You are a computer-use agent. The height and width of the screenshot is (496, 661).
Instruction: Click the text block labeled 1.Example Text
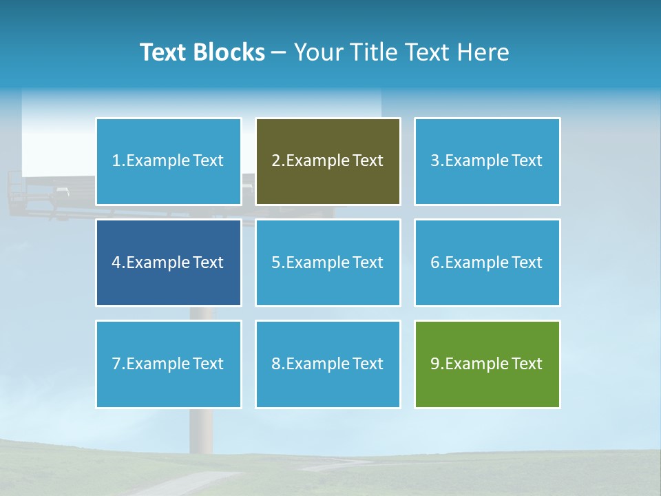pos(168,161)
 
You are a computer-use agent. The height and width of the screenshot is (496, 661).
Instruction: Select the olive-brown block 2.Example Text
pos(328,161)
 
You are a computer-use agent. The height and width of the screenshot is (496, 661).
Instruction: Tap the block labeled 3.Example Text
pos(487,161)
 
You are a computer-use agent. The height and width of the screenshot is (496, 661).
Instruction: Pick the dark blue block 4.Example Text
pos(168,262)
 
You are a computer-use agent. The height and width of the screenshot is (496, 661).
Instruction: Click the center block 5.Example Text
pos(328,262)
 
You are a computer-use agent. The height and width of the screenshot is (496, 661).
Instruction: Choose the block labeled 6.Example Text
pos(487,262)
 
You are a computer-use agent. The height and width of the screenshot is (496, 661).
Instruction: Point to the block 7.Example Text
pos(168,364)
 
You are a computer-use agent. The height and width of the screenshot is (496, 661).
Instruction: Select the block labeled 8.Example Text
pos(328,364)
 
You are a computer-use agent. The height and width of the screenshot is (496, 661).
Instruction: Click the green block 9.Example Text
pos(487,364)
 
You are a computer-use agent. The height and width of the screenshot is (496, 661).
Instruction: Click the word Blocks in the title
pos(229,52)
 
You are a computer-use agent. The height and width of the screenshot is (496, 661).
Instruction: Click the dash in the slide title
pos(280,52)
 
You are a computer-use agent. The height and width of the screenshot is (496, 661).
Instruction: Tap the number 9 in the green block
pos(435,364)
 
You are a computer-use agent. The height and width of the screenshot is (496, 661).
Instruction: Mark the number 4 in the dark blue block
pos(116,262)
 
